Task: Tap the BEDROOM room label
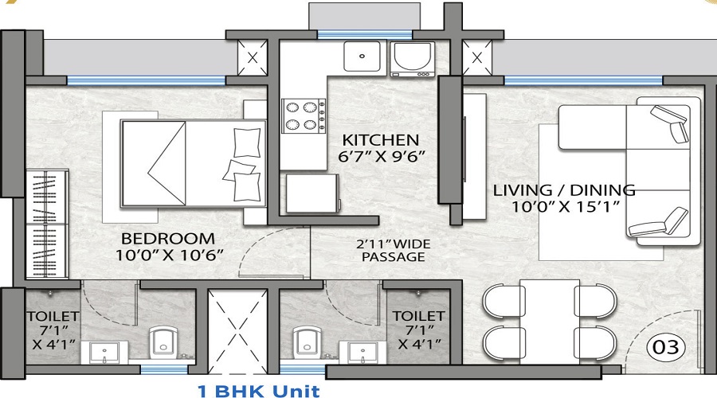(167, 238)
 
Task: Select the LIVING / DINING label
(563, 190)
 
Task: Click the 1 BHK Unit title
(258, 390)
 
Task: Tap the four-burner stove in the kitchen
(304, 113)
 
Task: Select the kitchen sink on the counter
(365, 56)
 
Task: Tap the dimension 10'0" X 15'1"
(563, 207)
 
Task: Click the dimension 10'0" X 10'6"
(167, 254)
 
